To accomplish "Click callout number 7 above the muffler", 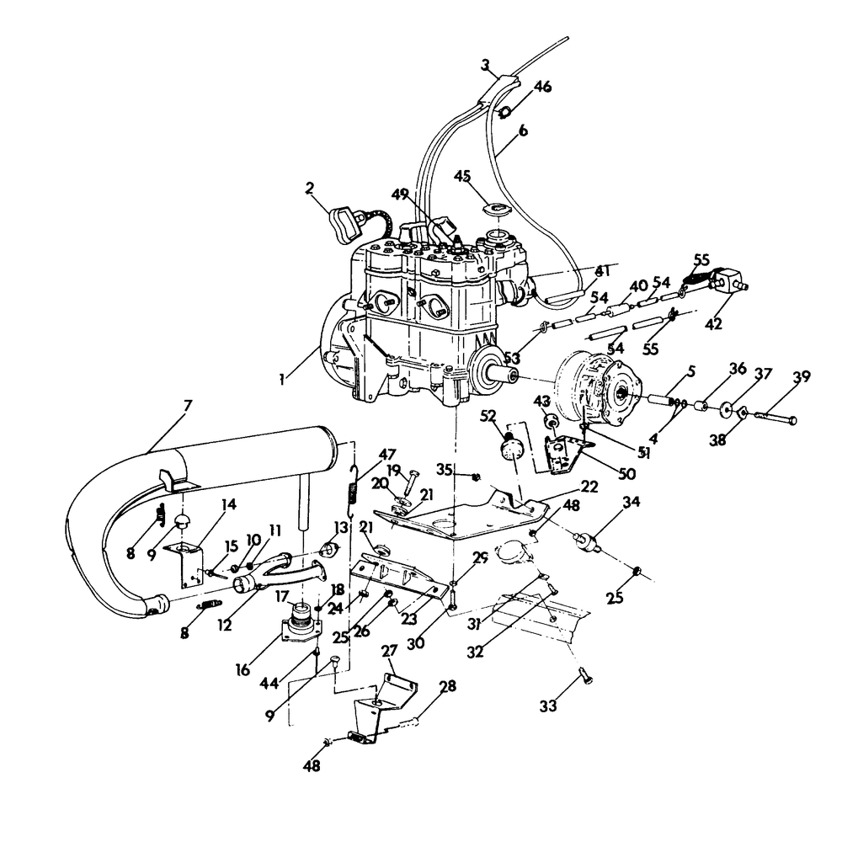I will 187,405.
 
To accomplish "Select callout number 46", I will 543,87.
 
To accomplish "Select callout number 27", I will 389,651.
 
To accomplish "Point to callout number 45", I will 462,176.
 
